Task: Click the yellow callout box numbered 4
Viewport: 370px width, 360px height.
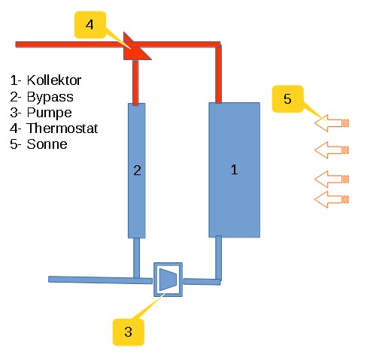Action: point(90,25)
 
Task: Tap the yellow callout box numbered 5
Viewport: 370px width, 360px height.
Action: point(288,98)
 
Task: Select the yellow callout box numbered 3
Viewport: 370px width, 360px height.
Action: point(129,332)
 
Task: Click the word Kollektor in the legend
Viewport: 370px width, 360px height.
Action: point(54,80)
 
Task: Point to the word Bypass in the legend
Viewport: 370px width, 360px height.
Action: point(50,97)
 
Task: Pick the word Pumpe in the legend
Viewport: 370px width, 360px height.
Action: point(50,113)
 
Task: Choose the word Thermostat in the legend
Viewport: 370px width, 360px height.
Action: point(62,129)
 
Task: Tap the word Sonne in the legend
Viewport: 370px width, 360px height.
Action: point(47,144)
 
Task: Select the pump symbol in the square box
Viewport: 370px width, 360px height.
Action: point(168,280)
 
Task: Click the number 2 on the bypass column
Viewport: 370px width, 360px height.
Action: point(137,171)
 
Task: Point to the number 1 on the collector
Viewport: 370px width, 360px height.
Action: point(235,170)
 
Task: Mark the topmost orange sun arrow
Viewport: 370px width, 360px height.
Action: point(332,123)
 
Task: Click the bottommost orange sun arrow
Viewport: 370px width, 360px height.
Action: point(332,199)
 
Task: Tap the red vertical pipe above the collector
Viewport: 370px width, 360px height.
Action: point(219,74)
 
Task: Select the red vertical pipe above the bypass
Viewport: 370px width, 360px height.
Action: point(135,83)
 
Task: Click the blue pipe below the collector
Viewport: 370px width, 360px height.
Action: point(219,258)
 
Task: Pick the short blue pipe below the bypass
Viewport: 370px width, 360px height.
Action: point(136,258)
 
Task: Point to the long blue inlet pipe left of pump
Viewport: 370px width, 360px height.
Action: point(100,280)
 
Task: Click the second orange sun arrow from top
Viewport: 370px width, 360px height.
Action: point(332,150)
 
